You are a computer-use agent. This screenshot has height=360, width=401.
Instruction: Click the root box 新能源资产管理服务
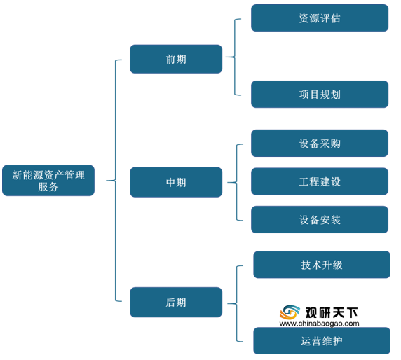[48, 181]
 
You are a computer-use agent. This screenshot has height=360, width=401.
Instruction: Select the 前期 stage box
[176, 59]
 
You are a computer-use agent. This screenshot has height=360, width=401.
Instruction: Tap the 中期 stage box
[176, 182]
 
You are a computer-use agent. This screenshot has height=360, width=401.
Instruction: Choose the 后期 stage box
[176, 303]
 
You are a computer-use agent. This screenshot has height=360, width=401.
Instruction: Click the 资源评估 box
[320, 18]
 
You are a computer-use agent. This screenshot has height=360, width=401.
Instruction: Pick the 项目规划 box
[320, 95]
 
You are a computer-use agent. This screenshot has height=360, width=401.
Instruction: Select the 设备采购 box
[320, 144]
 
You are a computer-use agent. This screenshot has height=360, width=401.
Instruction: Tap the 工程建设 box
[320, 181]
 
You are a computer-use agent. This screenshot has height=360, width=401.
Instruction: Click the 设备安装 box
[320, 219]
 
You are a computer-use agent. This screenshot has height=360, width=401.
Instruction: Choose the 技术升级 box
[322, 265]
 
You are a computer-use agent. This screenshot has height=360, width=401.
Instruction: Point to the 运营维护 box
[322, 341]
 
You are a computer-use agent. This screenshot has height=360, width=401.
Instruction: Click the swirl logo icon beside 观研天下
[290, 312]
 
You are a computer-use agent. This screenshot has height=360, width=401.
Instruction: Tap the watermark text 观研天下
[332, 312]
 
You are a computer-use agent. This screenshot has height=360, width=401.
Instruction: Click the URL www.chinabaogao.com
[319, 324]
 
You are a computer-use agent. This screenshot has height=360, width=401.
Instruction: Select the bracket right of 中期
[236, 182]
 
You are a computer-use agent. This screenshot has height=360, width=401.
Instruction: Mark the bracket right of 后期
[236, 304]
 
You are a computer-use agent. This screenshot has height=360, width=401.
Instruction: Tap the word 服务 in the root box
[48, 187]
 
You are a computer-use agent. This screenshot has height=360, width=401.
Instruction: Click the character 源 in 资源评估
[315, 18]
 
